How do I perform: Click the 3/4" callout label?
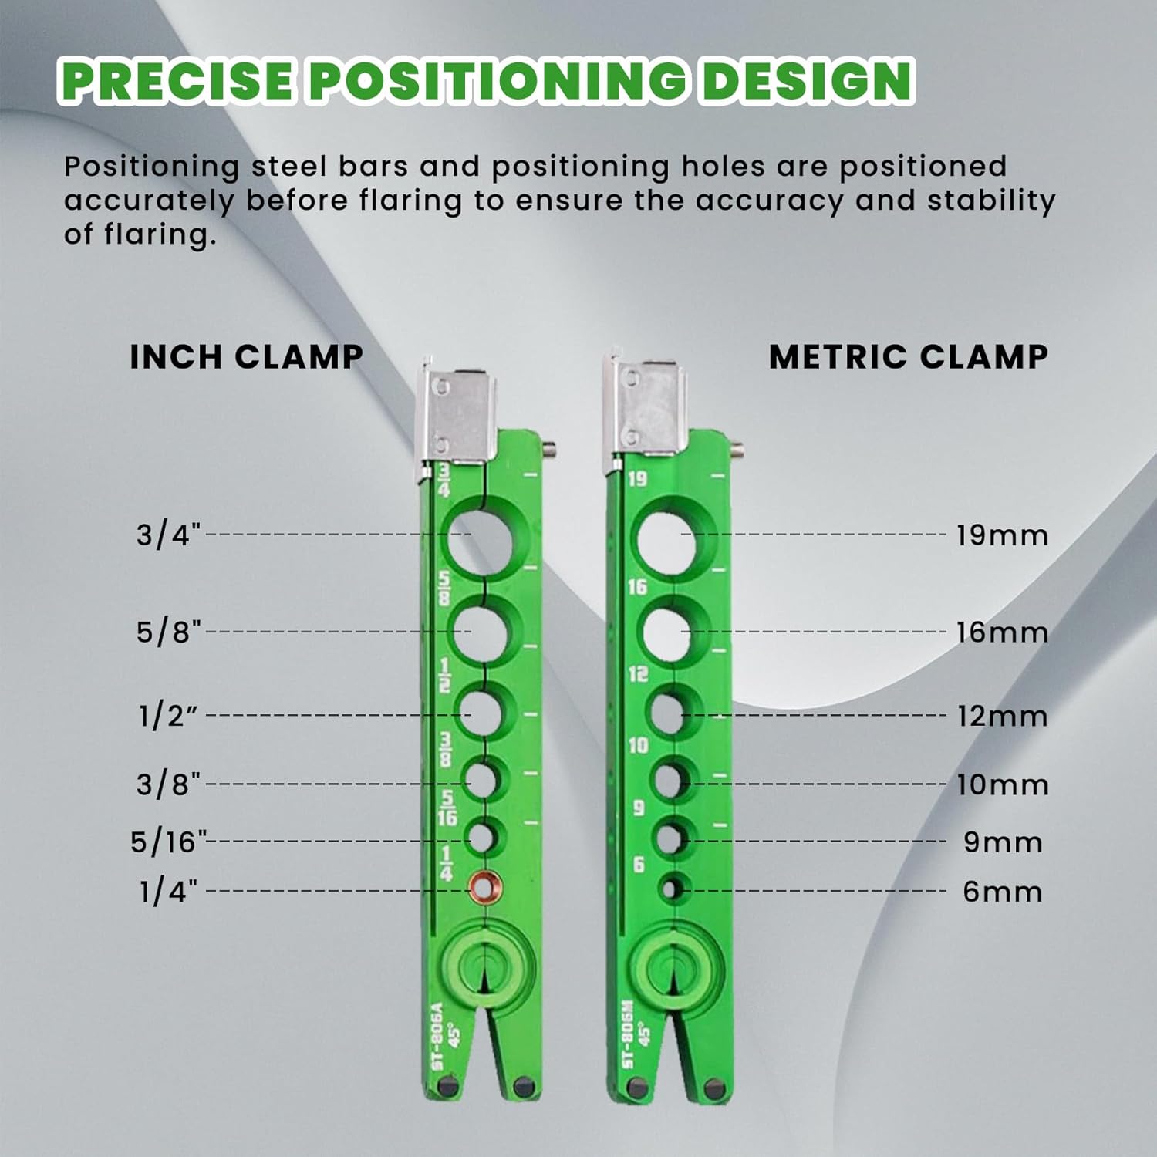[x=168, y=534]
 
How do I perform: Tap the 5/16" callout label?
[x=168, y=842]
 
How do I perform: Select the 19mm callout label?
[x=1002, y=535]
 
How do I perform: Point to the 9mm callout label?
[x=1002, y=842]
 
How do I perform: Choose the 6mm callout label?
[x=1002, y=892]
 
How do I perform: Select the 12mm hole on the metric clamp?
[x=667, y=713]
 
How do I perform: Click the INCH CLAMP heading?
[x=246, y=356]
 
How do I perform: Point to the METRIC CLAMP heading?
[x=908, y=356]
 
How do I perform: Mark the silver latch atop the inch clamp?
[x=453, y=417]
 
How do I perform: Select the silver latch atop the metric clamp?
[x=646, y=409]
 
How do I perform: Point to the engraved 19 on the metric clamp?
[x=637, y=479]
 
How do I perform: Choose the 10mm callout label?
[x=1002, y=785]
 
